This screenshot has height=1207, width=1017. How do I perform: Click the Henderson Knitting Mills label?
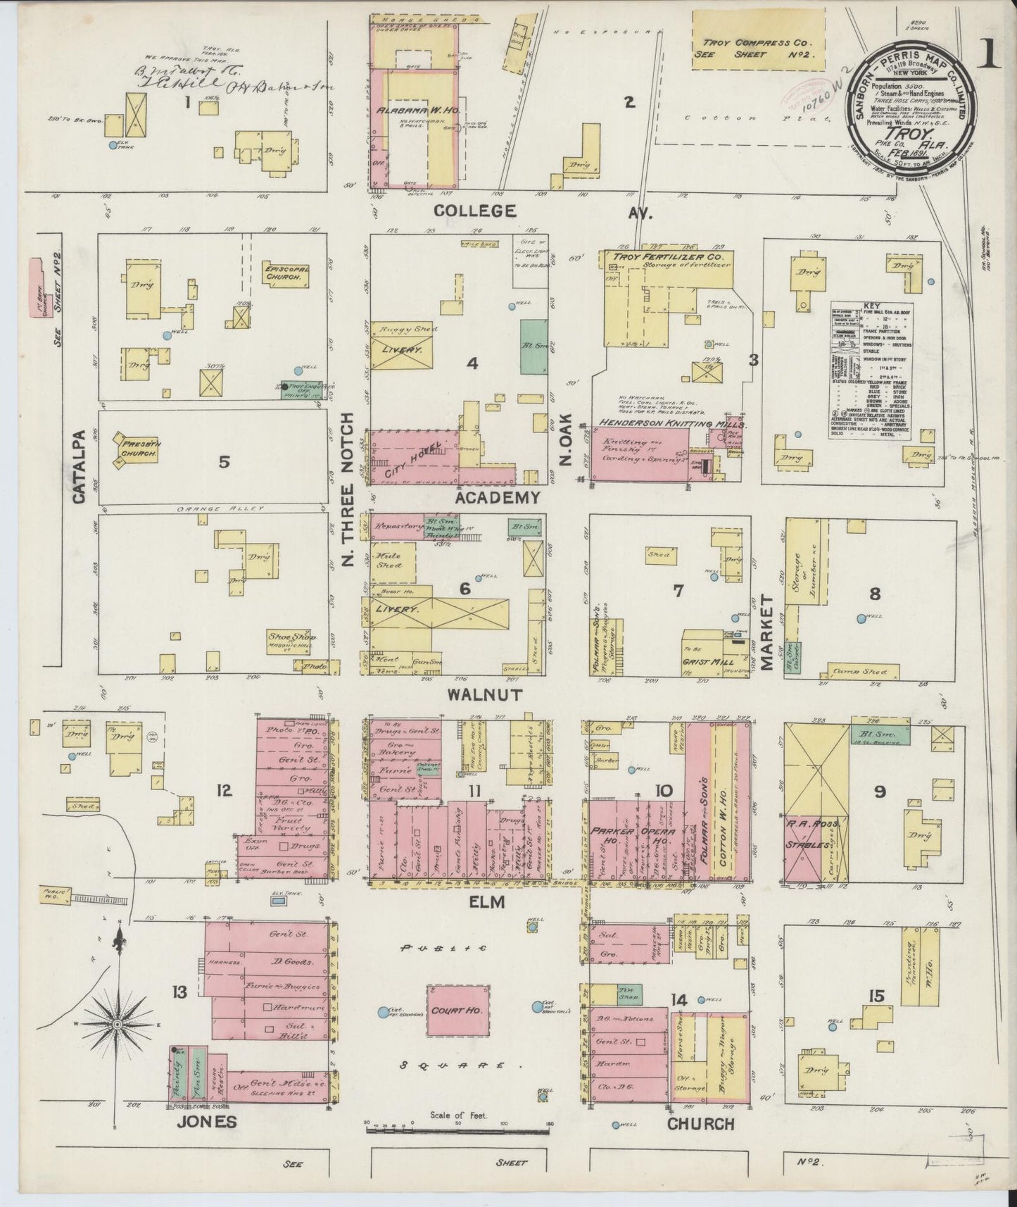[672, 425]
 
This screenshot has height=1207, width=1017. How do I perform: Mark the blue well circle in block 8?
[860, 619]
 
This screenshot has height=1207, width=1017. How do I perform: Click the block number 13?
[180, 992]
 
